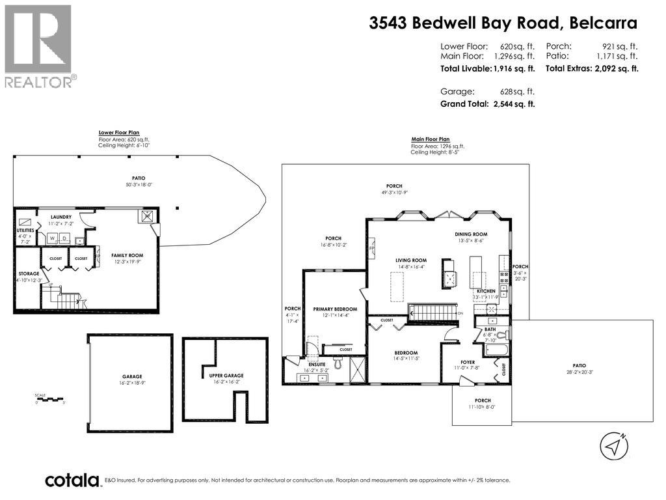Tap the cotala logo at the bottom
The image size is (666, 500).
[x=72, y=480]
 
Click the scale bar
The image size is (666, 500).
[x=51, y=398]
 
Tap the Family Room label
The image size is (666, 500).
[x=127, y=255]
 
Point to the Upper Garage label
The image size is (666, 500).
[x=225, y=376]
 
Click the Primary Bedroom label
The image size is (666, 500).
[x=335, y=309]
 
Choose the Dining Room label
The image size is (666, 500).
[x=471, y=234]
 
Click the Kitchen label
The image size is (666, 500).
[x=486, y=291]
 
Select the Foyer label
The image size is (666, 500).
[x=467, y=362]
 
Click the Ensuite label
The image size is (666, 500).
[x=317, y=364]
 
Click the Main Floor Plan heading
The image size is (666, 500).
[x=430, y=139]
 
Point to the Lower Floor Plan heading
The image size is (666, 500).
[x=119, y=133]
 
